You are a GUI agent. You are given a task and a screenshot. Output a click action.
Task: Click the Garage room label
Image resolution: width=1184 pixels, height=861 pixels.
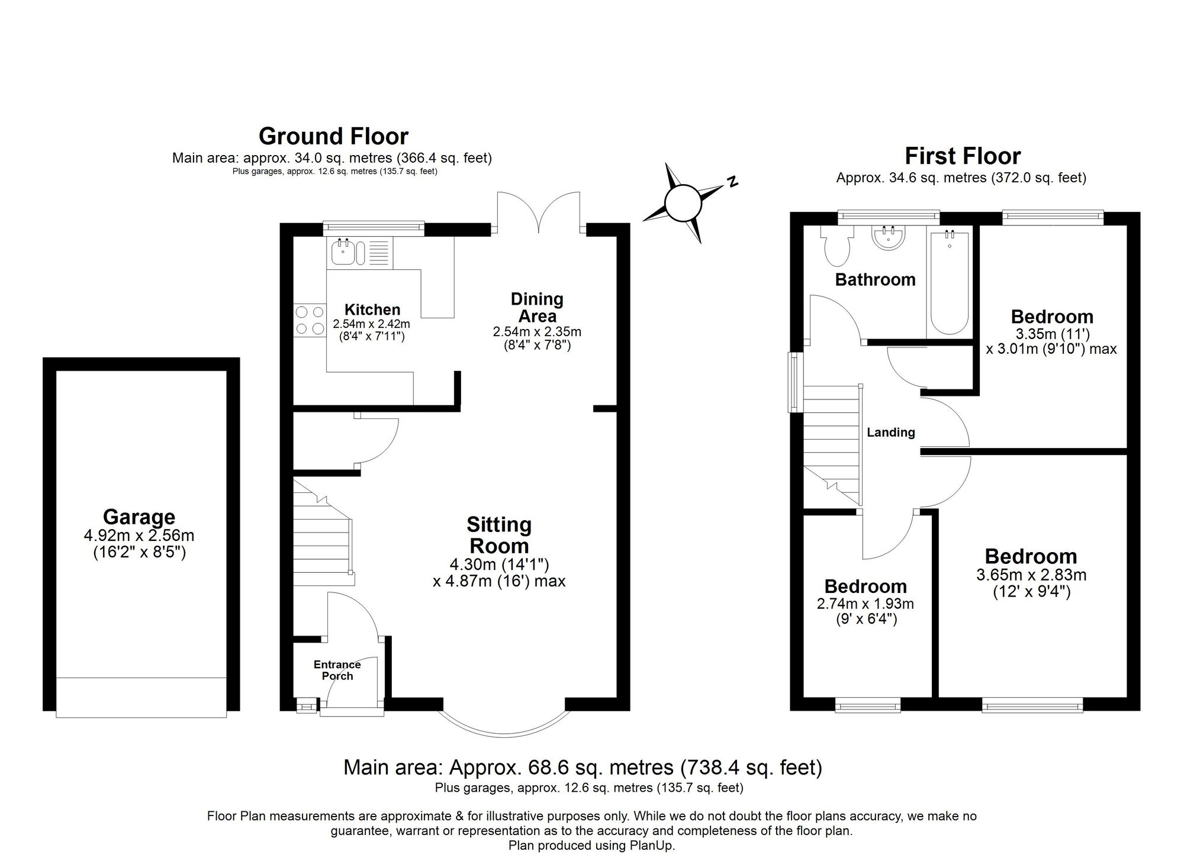point(139,517)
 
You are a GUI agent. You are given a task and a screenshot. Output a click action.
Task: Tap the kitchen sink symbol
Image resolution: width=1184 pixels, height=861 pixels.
point(343,252)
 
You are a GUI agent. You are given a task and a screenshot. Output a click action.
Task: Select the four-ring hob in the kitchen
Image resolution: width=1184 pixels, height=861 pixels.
point(310,320)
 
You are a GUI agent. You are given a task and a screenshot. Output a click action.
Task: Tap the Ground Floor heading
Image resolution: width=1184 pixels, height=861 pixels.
point(333,136)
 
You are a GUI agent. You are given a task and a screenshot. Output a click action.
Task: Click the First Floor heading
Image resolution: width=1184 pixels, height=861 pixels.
point(963,156)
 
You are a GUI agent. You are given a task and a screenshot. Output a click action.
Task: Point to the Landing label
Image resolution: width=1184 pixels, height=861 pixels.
point(891,433)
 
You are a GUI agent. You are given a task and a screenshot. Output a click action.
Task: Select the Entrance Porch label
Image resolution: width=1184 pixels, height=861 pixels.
point(337,670)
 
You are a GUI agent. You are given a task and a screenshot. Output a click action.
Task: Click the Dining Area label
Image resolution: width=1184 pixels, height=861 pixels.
point(537,307)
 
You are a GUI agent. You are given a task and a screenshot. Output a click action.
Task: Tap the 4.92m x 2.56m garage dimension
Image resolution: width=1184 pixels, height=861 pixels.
point(139,536)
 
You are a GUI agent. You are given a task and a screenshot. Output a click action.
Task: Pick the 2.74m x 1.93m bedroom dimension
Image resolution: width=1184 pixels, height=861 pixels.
point(865,604)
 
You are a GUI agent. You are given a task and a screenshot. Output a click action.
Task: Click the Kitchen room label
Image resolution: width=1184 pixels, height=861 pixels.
point(372,309)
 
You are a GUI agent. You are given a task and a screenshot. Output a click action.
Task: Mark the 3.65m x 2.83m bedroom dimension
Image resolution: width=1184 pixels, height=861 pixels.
point(1031,575)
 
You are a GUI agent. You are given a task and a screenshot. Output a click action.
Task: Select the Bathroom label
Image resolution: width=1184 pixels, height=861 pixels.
point(875,279)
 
